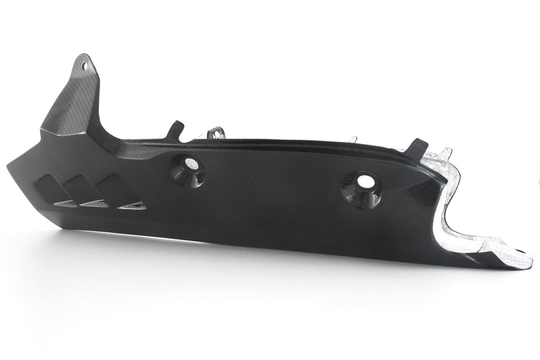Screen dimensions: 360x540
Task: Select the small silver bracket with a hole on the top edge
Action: pos(216,132)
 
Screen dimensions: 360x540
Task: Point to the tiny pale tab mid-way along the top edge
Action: pos(352,140)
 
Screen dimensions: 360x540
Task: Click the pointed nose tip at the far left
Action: pos(9,167)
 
